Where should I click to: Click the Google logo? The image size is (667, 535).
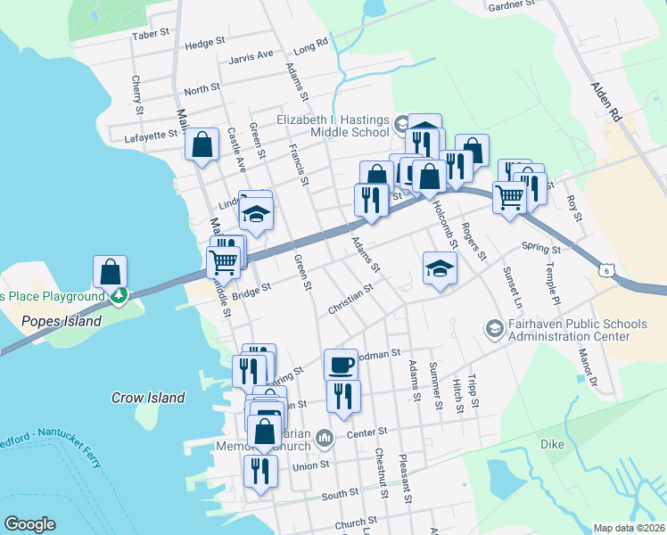[x=29, y=524]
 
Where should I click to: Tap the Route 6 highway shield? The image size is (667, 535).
[x=606, y=269]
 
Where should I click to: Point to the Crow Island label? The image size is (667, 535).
[x=148, y=398]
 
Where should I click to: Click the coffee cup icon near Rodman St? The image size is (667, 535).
[x=341, y=364]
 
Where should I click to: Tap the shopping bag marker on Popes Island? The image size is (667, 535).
[x=110, y=270]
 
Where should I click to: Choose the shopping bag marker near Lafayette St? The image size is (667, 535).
[x=202, y=144]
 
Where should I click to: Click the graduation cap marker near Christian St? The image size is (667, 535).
[x=440, y=268]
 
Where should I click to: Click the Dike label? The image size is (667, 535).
[x=552, y=443]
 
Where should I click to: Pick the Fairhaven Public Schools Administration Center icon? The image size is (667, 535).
[x=493, y=329]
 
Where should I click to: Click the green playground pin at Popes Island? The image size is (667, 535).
[x=118, y=295]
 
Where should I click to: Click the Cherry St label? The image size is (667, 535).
[x=137, y=95]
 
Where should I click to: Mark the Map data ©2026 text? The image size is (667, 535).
[x=629, y=528]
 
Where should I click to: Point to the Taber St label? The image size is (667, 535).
[x=151, y=33]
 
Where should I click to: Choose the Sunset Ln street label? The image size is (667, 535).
[x=514, y=287]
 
